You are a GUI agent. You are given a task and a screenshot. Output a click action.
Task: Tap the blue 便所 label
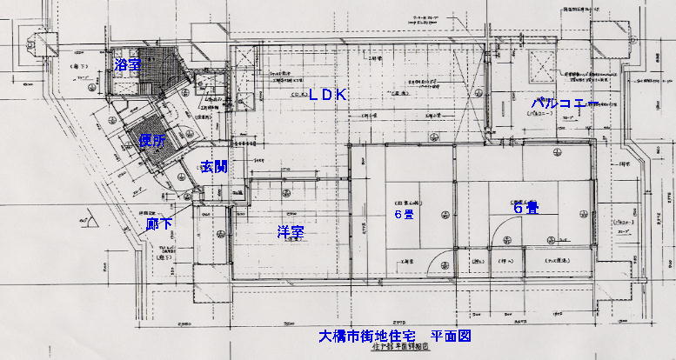point(153,139)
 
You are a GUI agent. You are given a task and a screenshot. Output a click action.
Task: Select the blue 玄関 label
point(214,166)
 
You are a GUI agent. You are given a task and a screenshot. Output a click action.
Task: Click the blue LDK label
point(328,96)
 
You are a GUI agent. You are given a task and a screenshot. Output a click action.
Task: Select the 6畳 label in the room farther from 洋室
point(525,209)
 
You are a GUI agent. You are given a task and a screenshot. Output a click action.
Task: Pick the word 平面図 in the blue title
point(452,335)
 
